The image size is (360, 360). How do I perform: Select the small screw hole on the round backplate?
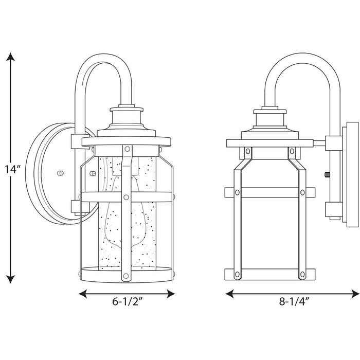(61, 173)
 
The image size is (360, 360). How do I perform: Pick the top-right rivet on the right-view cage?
(291, 152)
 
